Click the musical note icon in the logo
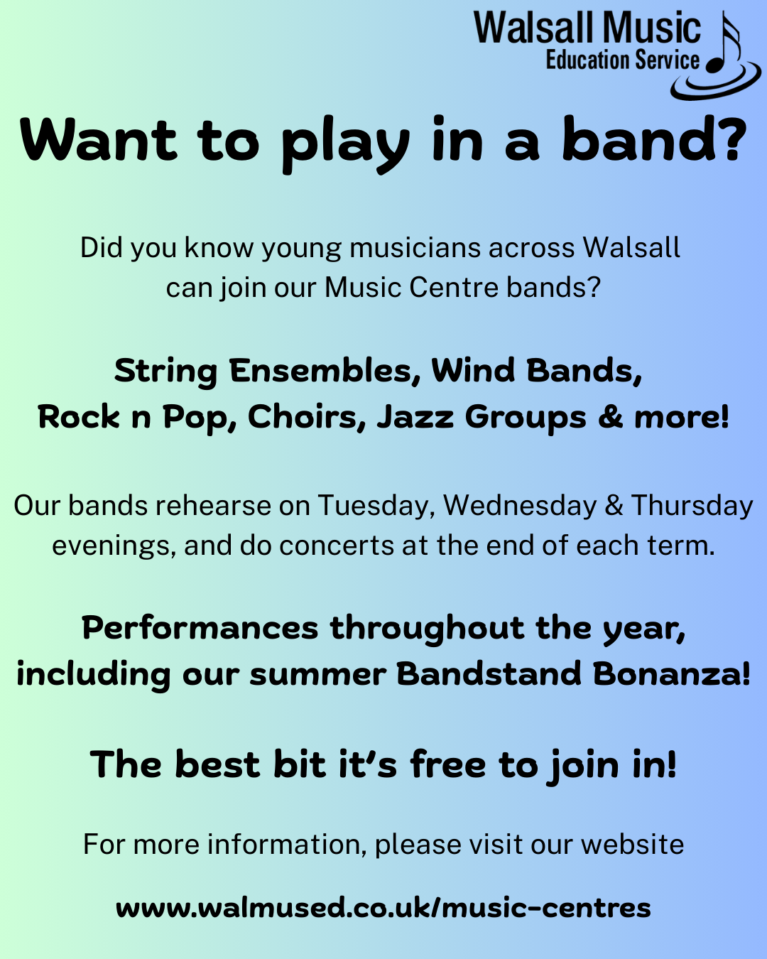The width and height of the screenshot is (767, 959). (x=723, y=45)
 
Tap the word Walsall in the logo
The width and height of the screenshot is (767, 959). (x=534, y=28)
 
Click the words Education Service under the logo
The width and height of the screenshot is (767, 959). (x=623, y=60)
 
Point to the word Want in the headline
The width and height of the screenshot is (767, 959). (x=98, y=139)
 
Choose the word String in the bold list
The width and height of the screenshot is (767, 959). (x=165, y=372)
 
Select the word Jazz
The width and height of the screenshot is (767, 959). (x=415, y=418)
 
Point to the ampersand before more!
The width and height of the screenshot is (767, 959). (x=610, y=417)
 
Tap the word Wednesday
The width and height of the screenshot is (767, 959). (x=520, y=506)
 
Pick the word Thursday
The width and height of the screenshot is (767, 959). (x=692, y=506)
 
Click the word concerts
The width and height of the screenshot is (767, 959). (x=337, y=546)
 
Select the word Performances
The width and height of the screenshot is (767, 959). (x=200, y=628)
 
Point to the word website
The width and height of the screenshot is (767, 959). (x=632, y=845)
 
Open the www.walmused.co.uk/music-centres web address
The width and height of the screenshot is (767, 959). (x=383, y=908)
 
